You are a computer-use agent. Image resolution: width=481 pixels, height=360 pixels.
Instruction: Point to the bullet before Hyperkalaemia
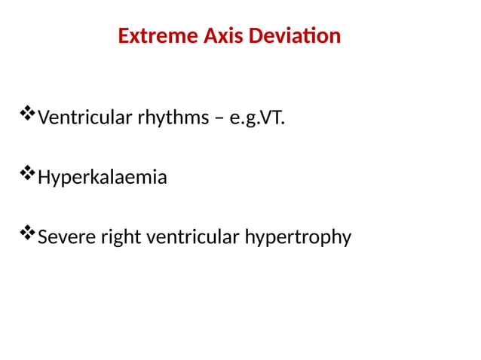pos(28,175)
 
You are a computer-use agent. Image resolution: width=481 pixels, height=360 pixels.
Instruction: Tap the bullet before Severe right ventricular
pos(28,234)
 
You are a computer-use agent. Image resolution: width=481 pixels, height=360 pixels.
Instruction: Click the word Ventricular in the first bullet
pos(84,118)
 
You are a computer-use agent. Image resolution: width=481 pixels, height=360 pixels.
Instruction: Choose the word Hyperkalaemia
pos(103,178)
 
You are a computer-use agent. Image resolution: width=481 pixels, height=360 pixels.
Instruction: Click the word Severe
pos(63,238)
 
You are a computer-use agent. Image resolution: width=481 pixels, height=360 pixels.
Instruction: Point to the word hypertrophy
pos(298,238)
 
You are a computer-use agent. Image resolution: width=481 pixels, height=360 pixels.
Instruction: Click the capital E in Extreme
pos(124,36)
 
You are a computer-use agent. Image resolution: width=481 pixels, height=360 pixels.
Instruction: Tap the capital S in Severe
pos(42,238)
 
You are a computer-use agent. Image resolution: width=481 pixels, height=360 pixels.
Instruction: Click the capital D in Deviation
pos(253,36)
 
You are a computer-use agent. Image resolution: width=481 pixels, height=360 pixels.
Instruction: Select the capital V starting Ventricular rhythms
pos(43,118)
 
